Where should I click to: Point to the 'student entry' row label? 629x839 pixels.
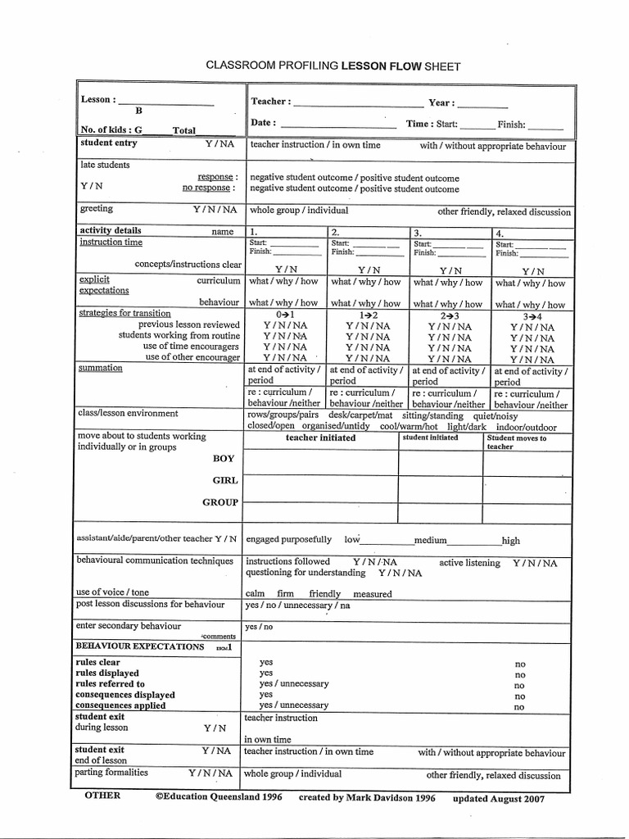click(109, 143)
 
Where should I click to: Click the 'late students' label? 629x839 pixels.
click(104, 165)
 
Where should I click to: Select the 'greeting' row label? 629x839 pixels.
click(96, 209)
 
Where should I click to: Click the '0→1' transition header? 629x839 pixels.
click(284, 314)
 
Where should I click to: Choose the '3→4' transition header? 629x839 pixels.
click(532, 316)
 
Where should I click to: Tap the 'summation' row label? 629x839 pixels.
click(100, 369)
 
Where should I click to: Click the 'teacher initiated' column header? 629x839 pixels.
click(320, 438)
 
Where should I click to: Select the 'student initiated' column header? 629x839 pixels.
click(430, 438)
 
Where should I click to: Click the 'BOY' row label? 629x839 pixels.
click(224, 459)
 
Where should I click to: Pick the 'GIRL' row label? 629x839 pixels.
click(225, 481)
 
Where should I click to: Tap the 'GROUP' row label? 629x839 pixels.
click(220, 502)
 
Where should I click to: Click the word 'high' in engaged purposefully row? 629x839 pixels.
click(511, 541)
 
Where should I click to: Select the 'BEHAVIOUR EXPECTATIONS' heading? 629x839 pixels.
click(139, 646)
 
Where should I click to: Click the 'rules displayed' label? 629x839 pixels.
click(106, 673)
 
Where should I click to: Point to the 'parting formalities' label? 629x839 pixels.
click(111, 773)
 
